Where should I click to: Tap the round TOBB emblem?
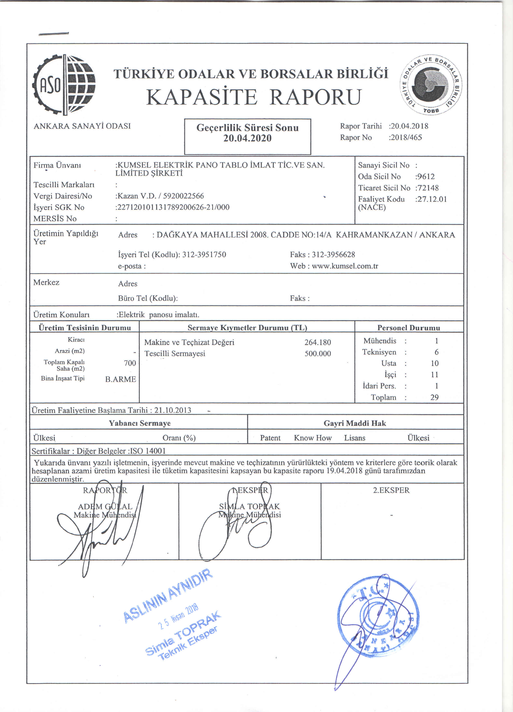tap(431, 85)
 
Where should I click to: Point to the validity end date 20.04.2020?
tap(247, 138)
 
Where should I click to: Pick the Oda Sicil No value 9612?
tap(426, 176)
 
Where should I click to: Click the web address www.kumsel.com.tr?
tap(345, 266)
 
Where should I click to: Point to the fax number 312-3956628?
tap(333, 255)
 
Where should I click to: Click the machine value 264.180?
tap(318, 342)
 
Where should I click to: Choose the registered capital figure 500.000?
tap(318, 354)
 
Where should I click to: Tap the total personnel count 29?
tap(434, 397)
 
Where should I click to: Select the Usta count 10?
tap(434, 363)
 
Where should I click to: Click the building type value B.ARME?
tap(120, 379)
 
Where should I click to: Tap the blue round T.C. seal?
tap(378, 617)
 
